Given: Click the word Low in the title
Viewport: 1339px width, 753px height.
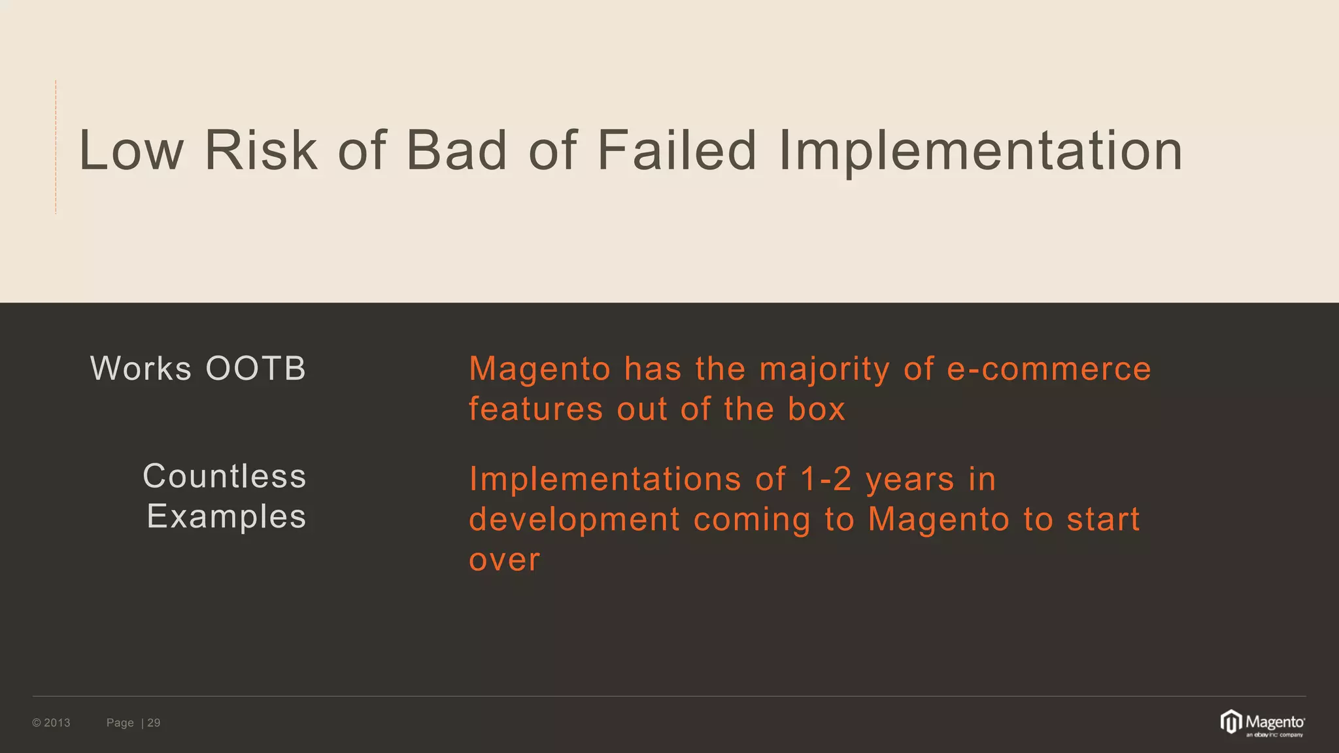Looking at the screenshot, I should [x=131, y=151].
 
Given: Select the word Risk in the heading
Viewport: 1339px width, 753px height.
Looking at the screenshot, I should [x=261, y=151].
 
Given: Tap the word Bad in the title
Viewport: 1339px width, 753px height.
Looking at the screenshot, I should [x=456, y=151].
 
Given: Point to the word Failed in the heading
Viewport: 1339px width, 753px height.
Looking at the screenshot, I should [x=677, y=151].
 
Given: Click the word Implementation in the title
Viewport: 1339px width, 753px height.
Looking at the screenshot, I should [x=981, y=151].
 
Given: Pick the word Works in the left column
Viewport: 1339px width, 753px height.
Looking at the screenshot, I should [x=141, y=369].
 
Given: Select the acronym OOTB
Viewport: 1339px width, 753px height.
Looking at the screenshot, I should [x=256, y=369].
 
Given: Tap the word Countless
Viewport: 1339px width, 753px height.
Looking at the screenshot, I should [x=224, y=476].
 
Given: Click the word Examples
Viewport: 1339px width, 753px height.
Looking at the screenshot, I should [x=226, y=516].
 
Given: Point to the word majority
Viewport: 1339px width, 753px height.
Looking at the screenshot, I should [x=824, y=370].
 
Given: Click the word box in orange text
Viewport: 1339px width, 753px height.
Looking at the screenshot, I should [x=816, y=409].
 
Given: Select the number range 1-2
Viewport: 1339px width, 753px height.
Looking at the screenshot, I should [x=826, y=479].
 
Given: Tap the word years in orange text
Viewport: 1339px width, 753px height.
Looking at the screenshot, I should [x=910, y=480].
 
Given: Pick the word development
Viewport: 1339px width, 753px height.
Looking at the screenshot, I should [x=575, y=520].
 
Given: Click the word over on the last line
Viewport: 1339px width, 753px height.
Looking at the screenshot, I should [x=505, y=560].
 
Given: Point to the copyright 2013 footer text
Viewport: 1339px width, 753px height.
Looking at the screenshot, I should [x=51, y=723].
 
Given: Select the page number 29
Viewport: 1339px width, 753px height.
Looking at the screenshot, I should [x=154, y=723].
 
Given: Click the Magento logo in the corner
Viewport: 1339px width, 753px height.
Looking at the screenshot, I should [x=1262, y=723].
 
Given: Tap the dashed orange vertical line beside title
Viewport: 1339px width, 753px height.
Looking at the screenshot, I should [x=56, y=147].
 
